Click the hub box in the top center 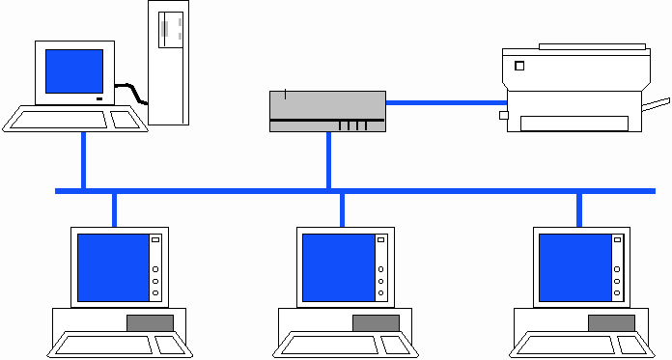tap(327, 110)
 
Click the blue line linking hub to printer tap(444, 101)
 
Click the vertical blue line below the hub tap(328, 160)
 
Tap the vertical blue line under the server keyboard tap(84, 160)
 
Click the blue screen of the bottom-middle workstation tap(337, 266)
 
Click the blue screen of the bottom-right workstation tap(574, 266)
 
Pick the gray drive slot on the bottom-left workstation tap(150, 322)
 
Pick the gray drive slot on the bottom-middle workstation tap(376, 322)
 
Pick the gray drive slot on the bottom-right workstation tap(611, 322)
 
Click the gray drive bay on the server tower tap(171, 28)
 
